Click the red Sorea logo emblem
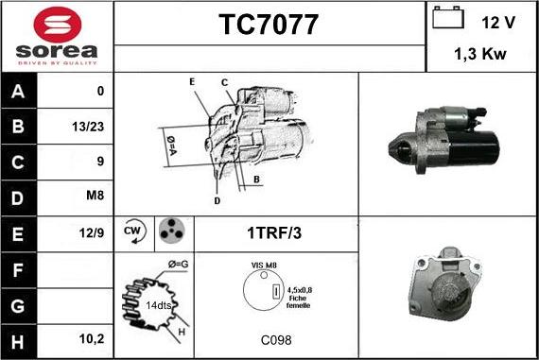coord(58,25)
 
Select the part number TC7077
coord(269,25)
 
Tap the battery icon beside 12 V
coord(448,17)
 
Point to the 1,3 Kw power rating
coord(480,54)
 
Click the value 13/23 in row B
coord(88,127)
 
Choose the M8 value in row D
coord(95,195)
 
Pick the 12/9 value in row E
coord(91,232)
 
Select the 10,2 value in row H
coord(92,339)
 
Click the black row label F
coord(18,270)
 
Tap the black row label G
coord(18,306)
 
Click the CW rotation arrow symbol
coord(134,231)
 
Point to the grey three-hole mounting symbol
coord(172,231)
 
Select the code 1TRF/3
coord(274,232)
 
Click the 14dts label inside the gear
coord(159,305)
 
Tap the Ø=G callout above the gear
coord(178,265)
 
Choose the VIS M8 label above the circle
coord(264,266)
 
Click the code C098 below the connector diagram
coord(276,340)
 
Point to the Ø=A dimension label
coord(171,146)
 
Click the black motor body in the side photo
coord(474,147)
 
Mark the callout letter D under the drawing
coord(217,201)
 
